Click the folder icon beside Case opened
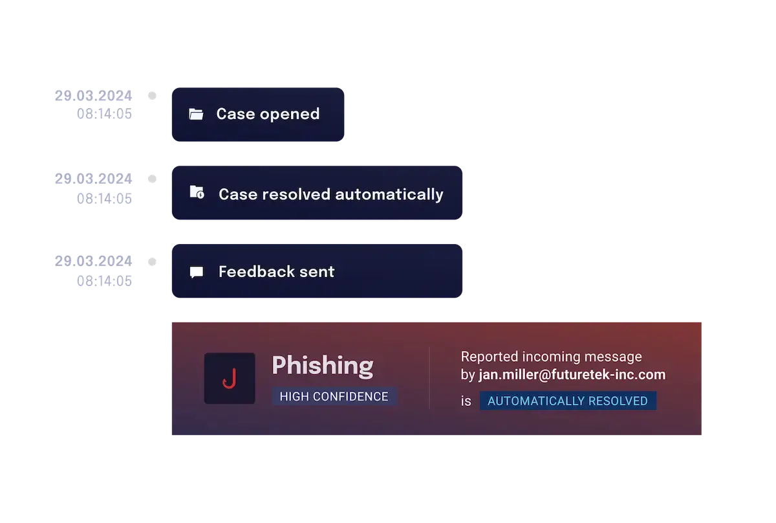point(196,115)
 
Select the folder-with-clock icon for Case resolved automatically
point(197,192)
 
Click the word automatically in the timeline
point(390,194)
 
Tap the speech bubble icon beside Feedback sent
point(197,273)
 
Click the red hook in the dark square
point(229,379)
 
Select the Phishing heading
point(322,366)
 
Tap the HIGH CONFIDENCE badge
point(334,397)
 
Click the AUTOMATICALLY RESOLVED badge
point(567,401)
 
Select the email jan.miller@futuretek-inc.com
point(572,375)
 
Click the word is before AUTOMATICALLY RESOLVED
point(466,401)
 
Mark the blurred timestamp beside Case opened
point(94,105)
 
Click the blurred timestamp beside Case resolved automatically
point(94,188)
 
